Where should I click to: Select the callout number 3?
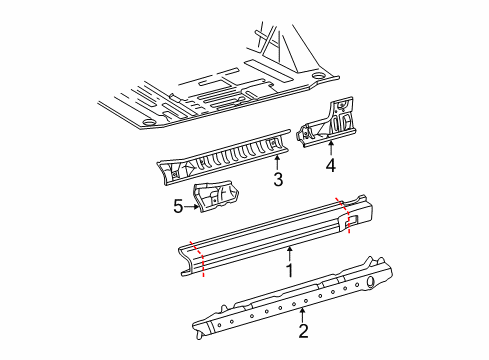click(x=279, y=180)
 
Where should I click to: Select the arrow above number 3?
click(x=279, y=163)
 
